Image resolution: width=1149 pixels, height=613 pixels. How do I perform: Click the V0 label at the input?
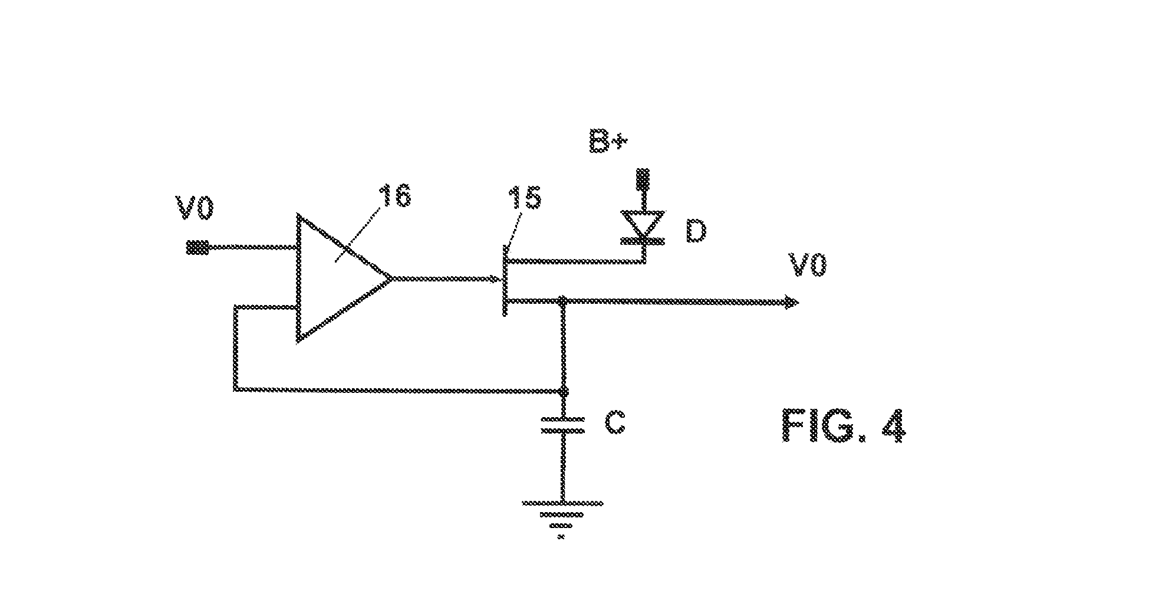coord(195,210)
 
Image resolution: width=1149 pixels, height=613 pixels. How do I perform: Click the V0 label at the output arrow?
coord(808,265)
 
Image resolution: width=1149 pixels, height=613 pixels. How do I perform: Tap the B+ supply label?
coord(608,142)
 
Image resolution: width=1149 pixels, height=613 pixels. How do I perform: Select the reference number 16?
coord(395,196)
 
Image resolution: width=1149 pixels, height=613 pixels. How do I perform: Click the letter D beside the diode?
coord(696,232)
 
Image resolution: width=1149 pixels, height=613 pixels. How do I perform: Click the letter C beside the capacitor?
coord(615,422)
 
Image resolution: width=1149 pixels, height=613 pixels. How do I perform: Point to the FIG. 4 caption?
coord(843,425)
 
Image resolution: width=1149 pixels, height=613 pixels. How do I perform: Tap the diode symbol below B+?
coord(644,228)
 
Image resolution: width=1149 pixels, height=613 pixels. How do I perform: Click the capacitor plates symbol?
coord(563,425)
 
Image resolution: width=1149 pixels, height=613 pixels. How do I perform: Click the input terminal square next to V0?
coord(197,247)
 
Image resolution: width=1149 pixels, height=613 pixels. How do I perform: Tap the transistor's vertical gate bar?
coord(505,281)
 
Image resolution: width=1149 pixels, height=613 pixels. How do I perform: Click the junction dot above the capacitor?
coord(563,391)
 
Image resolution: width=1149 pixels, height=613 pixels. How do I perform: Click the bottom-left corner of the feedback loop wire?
coord(236,389)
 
